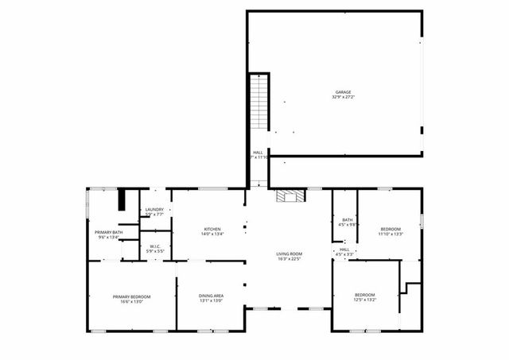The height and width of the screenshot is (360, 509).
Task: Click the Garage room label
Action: click(x=342, y=92)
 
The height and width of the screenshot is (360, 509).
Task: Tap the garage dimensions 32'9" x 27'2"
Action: click(x=342, y=98)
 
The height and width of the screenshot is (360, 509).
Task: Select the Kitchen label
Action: click(x=212, y=228)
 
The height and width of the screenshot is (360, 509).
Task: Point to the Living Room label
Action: click(x=289, y=254)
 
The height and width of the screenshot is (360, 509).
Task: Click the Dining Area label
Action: click(x=211, y=296)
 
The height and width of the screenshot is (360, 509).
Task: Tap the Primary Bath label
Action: click(x=107, y=231)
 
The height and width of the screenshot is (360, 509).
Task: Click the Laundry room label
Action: click(x=154, y=209)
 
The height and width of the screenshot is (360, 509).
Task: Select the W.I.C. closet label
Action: click(x=156, y=246)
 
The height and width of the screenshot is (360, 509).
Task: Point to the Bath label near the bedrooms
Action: click(x=348, y=219)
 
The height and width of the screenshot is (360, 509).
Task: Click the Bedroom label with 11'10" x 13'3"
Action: click(x=391, y=228)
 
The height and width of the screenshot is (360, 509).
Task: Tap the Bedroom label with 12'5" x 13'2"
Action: click(x=364, y=295)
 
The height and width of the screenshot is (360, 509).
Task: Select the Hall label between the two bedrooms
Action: click(x=344, y=249)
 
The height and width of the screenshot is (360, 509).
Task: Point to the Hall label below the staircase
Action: click(x=258, y=152)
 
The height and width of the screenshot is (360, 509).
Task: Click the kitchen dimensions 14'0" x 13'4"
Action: click(x=212, y=234)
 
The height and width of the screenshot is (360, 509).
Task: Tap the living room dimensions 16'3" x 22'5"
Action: click(x=289, y=259)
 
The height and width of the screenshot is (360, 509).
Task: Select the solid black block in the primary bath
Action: click(x=122, y=199)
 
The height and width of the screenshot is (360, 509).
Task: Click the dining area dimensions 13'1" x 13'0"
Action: click(x=211, y=301)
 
